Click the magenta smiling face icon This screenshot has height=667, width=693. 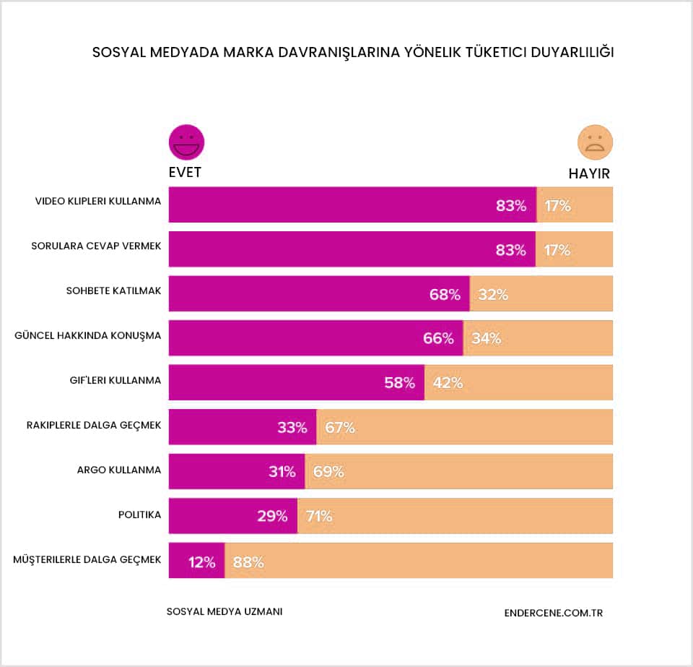click(x=186, y=142)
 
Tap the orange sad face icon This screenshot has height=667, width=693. click(x=595, y=142)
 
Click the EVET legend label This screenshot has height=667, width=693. click(x=185, y=173)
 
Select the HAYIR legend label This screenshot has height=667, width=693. click(x=589, y=173)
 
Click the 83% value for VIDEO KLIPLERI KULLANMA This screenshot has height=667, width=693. click(x=511, y=205)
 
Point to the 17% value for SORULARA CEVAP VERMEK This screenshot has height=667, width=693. click(x=557, y=250)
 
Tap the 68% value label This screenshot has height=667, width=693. click(x=445, y=294)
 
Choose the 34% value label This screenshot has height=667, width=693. click(x=486, y=338)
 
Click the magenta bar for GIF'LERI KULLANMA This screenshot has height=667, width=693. click(x=296, y=382)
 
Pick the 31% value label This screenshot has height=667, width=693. click(x=282, y=472)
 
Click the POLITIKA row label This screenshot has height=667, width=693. click(x=139, y=515)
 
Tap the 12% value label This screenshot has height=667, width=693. click(x=202, y=561)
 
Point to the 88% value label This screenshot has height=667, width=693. click(x=248, y=561)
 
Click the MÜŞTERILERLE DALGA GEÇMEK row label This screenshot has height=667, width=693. click(x=87, y=559)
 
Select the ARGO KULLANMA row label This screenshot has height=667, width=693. click(x=119, y=470)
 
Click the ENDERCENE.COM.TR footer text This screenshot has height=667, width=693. click(x=554, y=613)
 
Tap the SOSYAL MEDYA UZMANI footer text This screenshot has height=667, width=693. click(x=225, y=611)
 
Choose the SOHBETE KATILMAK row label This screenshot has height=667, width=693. click(x=113, y=291)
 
